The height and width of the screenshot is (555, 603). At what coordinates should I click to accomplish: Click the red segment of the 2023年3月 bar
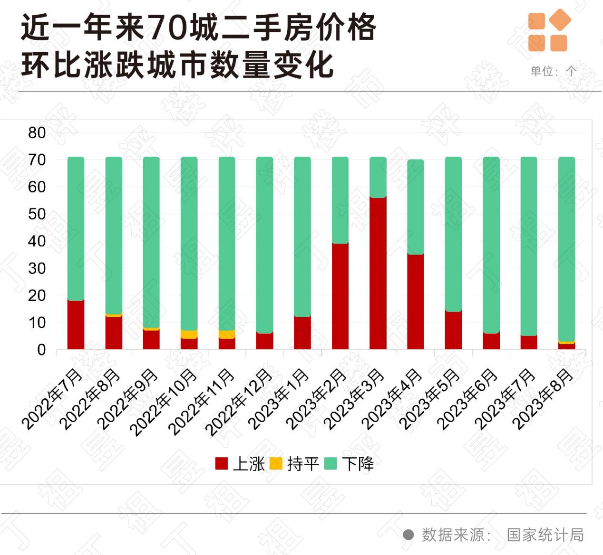(x=378, y=273)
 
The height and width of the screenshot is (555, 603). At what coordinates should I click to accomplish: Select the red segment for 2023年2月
(x=340, y=296)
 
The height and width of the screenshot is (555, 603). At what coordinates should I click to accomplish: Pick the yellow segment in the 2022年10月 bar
(x=189, y=334)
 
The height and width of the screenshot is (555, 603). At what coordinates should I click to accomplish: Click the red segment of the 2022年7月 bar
(x=76, y=324)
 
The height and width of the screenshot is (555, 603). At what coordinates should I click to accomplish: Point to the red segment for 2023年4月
(x=415, y=301)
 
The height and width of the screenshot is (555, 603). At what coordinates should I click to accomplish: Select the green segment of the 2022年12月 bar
(x=264, y=245)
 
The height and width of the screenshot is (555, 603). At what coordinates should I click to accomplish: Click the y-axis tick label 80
(x=37, y=133)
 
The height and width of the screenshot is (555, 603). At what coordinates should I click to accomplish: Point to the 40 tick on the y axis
(x=37, y=241)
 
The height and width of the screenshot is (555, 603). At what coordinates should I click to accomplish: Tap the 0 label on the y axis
(x=41, y=350)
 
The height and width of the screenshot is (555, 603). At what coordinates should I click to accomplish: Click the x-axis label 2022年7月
(x=53, y=400)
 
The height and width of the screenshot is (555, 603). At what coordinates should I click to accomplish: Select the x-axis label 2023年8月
(x=545, y=400)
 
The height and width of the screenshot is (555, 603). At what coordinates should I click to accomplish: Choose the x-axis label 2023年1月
(x=280, y=400)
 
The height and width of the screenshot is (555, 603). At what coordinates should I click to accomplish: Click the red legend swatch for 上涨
(x=222, y=464)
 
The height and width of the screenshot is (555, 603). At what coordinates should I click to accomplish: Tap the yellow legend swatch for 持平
(x=276, y=464)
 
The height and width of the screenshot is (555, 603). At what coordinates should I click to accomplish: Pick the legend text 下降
(x=358, y=464)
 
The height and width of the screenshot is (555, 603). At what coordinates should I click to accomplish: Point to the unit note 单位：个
(x=553, y=71)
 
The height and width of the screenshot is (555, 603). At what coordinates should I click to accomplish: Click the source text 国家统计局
(x=545, y=535)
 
